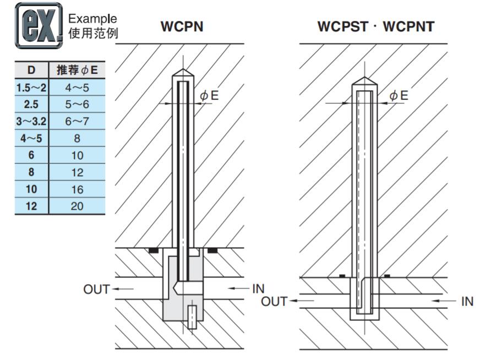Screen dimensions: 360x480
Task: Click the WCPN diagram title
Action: point(182,26)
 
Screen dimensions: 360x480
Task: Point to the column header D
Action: point(31,70)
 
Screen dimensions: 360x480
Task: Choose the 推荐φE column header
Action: point(77,70)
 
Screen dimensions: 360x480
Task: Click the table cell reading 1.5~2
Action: point(31,87)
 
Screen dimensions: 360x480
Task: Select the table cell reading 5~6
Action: point(77,105)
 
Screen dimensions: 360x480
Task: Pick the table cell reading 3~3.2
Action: point(31,122)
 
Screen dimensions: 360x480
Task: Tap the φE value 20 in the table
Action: point(77,207)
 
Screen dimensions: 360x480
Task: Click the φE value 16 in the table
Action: point(77,190)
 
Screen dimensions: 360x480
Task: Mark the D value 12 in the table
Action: point(31,207)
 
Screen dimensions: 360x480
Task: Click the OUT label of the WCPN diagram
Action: point(97,290)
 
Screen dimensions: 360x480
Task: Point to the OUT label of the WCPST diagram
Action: point(274,302)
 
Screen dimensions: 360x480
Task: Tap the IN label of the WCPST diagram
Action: point(467,302)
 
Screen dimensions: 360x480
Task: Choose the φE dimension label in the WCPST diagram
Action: point(399,96)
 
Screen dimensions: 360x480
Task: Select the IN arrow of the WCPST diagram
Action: point(443,301)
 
